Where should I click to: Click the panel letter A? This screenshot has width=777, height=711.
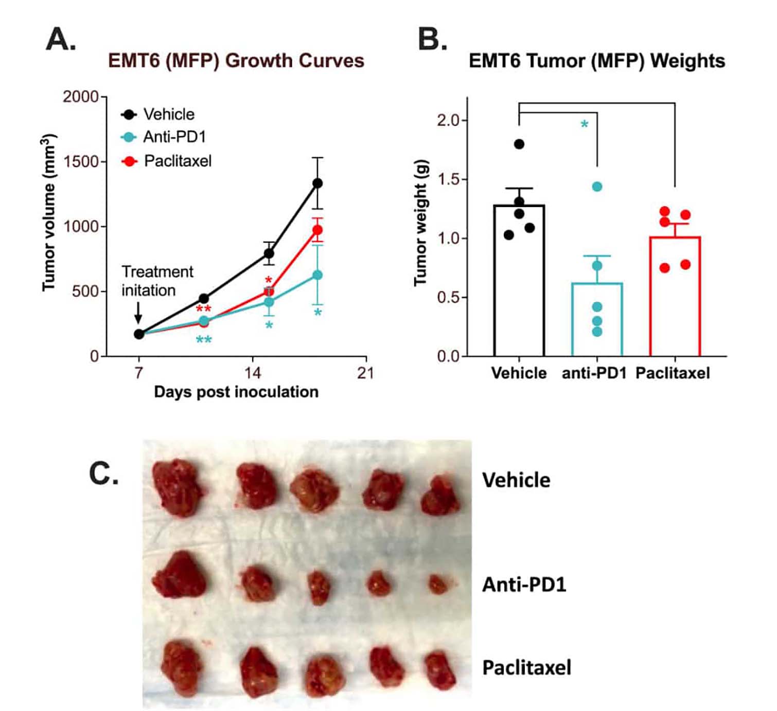61,40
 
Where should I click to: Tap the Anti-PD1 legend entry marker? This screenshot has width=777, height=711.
129,137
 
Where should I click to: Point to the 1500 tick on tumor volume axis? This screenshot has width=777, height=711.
81,161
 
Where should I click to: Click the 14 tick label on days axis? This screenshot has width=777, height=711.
252,373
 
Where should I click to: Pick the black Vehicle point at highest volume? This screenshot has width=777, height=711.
317,183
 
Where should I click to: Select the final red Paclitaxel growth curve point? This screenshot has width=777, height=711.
317,230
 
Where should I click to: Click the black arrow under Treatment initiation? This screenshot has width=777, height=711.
138,313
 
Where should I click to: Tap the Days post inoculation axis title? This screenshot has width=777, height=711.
236,392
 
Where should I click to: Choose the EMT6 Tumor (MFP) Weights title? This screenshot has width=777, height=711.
596,61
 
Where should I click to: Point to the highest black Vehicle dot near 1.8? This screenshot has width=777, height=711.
519,144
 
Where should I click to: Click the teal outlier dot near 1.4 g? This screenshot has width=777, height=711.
597,187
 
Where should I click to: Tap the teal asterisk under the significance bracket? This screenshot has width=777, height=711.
584,124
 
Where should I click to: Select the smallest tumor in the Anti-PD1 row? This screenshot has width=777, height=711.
438,585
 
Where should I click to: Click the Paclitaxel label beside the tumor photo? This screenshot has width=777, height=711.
526,668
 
